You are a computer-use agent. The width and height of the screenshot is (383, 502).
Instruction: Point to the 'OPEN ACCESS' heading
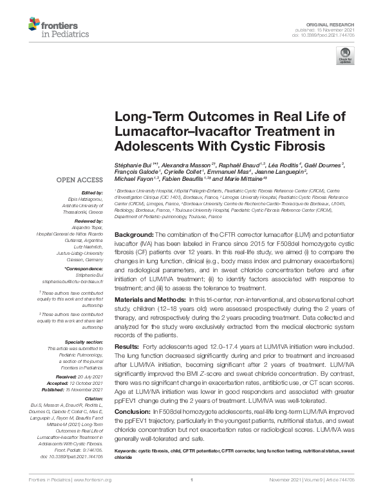tap(82, 180)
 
